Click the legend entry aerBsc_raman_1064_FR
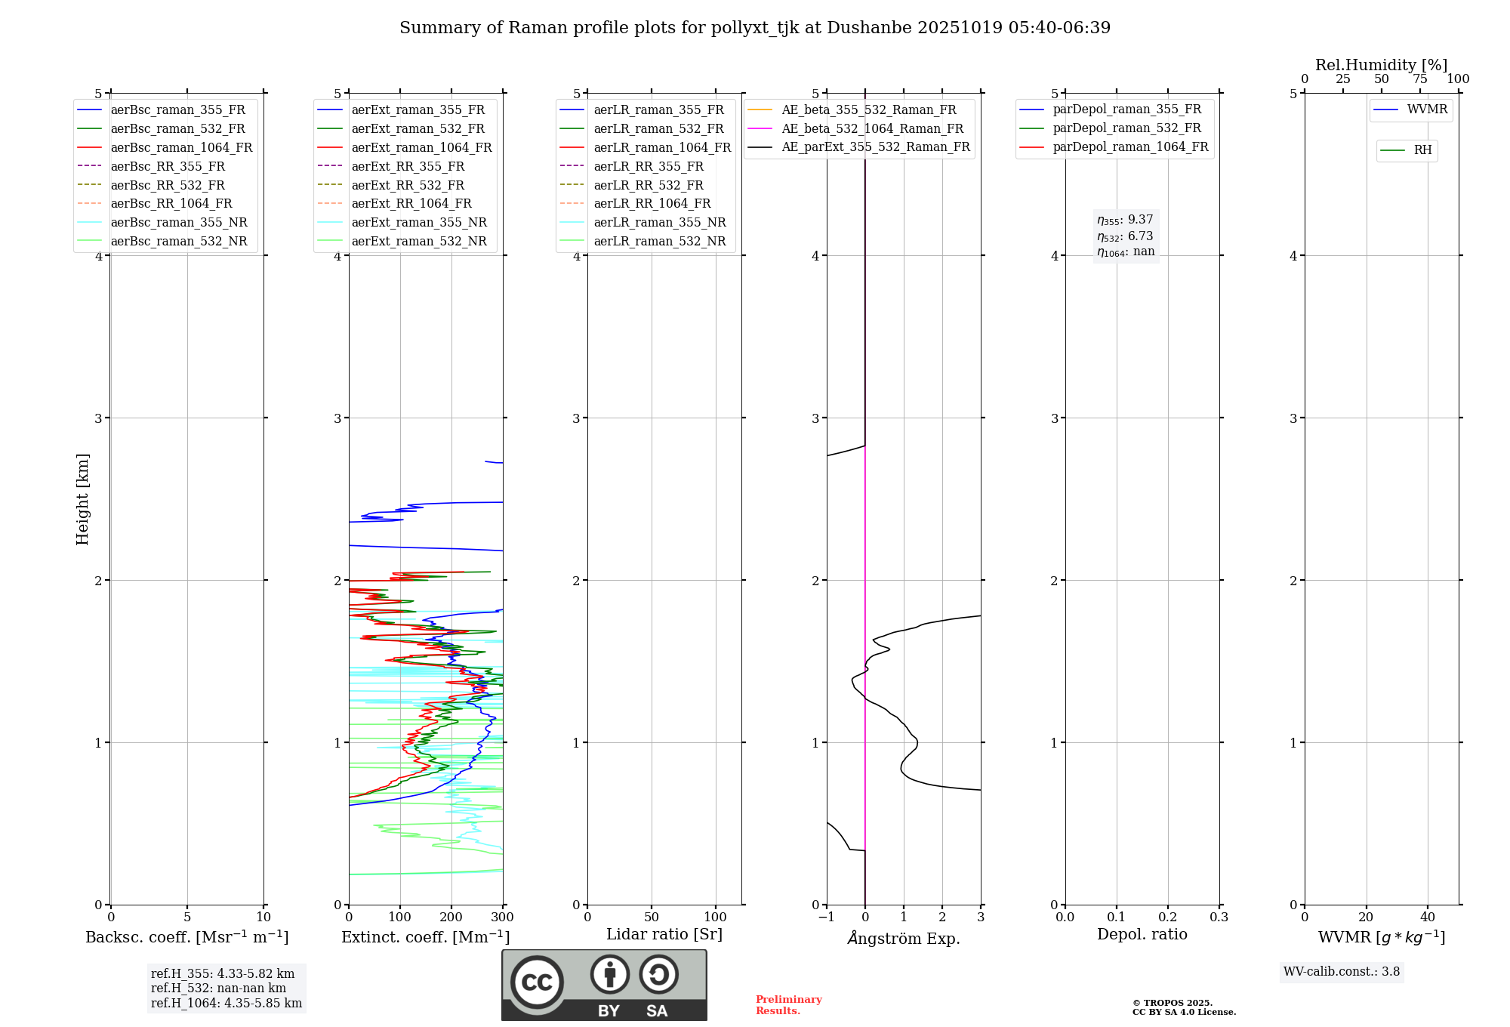click(181, 147)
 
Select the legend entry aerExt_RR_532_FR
click(408, 185)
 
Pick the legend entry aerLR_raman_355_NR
click(659, 222)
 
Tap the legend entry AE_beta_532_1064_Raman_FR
click(872, 128)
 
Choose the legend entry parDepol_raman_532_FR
click(1126, 128)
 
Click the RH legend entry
click(1422, 150)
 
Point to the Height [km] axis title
click(82, 499)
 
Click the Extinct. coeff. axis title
click(425, 937)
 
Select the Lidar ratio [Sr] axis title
click(664, 934)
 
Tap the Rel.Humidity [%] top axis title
click(1381, 65)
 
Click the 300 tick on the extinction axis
click(503, 918)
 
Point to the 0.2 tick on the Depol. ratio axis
click(1168, 918)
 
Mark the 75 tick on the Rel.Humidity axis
click(1420, 79)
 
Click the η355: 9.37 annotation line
click(1125, 220)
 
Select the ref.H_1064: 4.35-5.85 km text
click(226, 1004)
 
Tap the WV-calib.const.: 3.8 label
click(1342, 972)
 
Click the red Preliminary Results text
click(788, 1005)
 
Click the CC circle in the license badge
click(537, 982)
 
